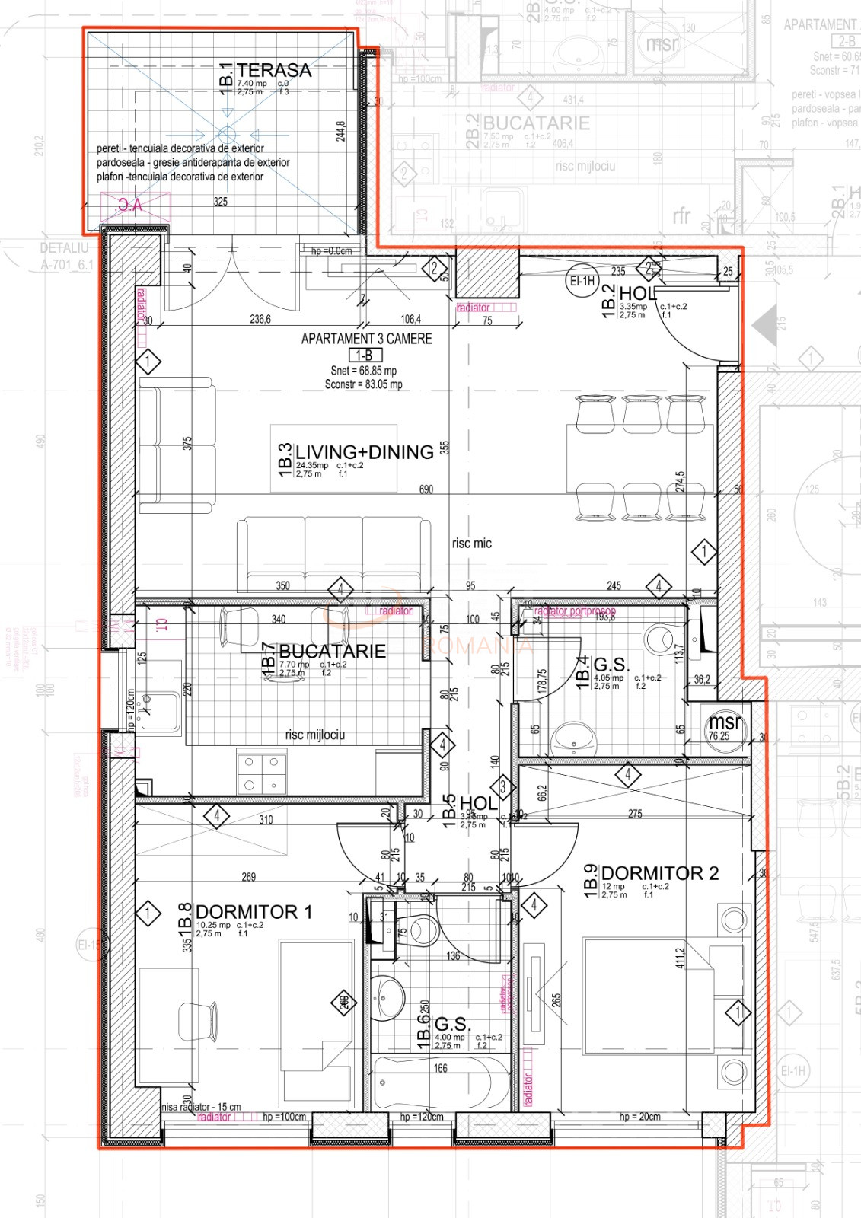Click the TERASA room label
[x=274, y=70]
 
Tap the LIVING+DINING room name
[x=364, y=452]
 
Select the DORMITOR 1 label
[x=254, y=912]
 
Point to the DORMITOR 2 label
[x=659, y=873]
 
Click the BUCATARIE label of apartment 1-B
[x=332, y=652]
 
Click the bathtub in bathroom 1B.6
[x=442, y=1082]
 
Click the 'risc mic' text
[x=471, y=544]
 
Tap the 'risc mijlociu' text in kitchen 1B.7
[x=314, y=735]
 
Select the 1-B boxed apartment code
[x=365, y=356]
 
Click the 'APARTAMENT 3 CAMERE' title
[x=366, y=339]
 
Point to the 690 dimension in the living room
[x=426, y=489]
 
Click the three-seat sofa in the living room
[x=333, y=554]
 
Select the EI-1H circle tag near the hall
[x=582, y=281]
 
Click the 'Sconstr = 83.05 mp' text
[x=363, y=384]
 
